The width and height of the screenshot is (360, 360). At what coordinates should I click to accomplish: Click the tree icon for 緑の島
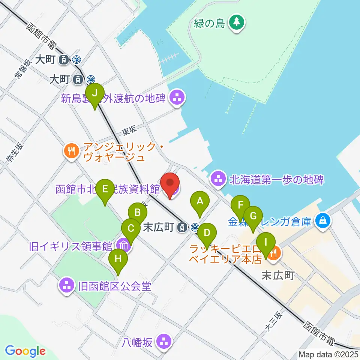pos(236,23)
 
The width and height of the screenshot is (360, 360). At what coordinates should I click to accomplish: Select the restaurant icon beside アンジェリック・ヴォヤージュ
pos(70,151)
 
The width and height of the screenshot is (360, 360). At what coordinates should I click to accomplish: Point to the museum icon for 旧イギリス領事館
pos(124,246)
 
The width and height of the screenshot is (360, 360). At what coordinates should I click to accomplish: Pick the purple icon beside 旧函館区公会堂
pos(67,286)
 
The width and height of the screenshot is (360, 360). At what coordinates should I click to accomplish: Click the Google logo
pos(25,351)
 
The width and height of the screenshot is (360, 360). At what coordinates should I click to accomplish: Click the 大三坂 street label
pos(273,321)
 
